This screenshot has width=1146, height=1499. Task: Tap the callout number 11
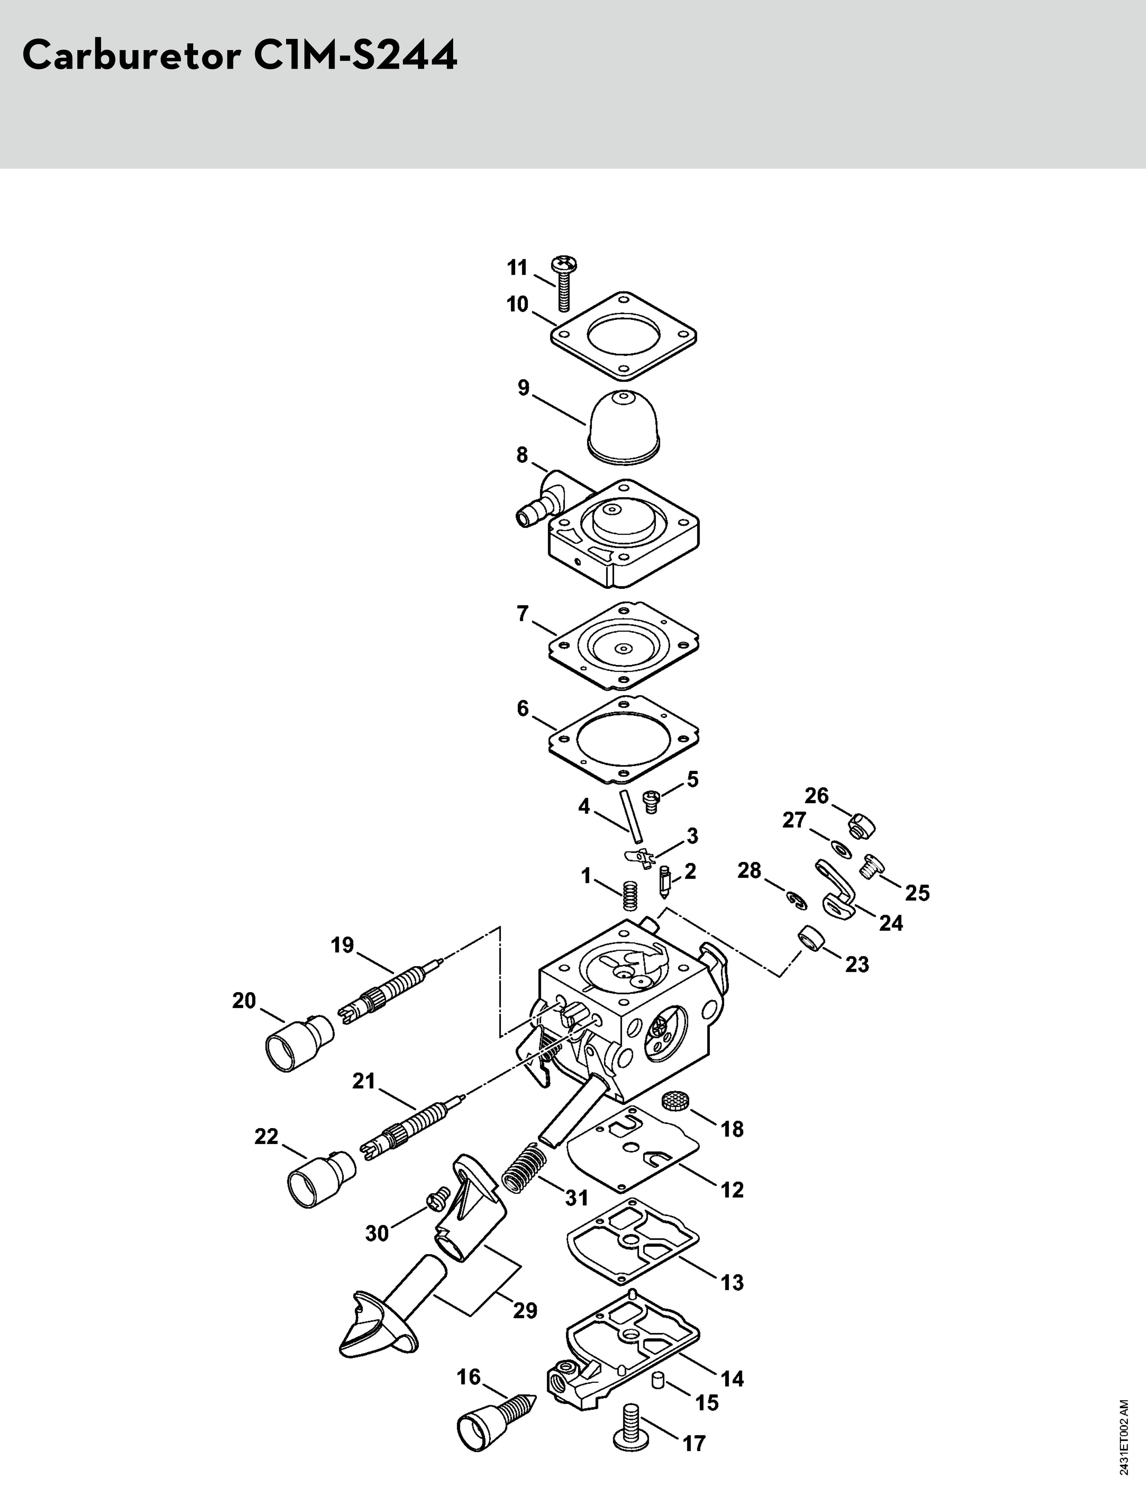[x=518, y=268]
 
